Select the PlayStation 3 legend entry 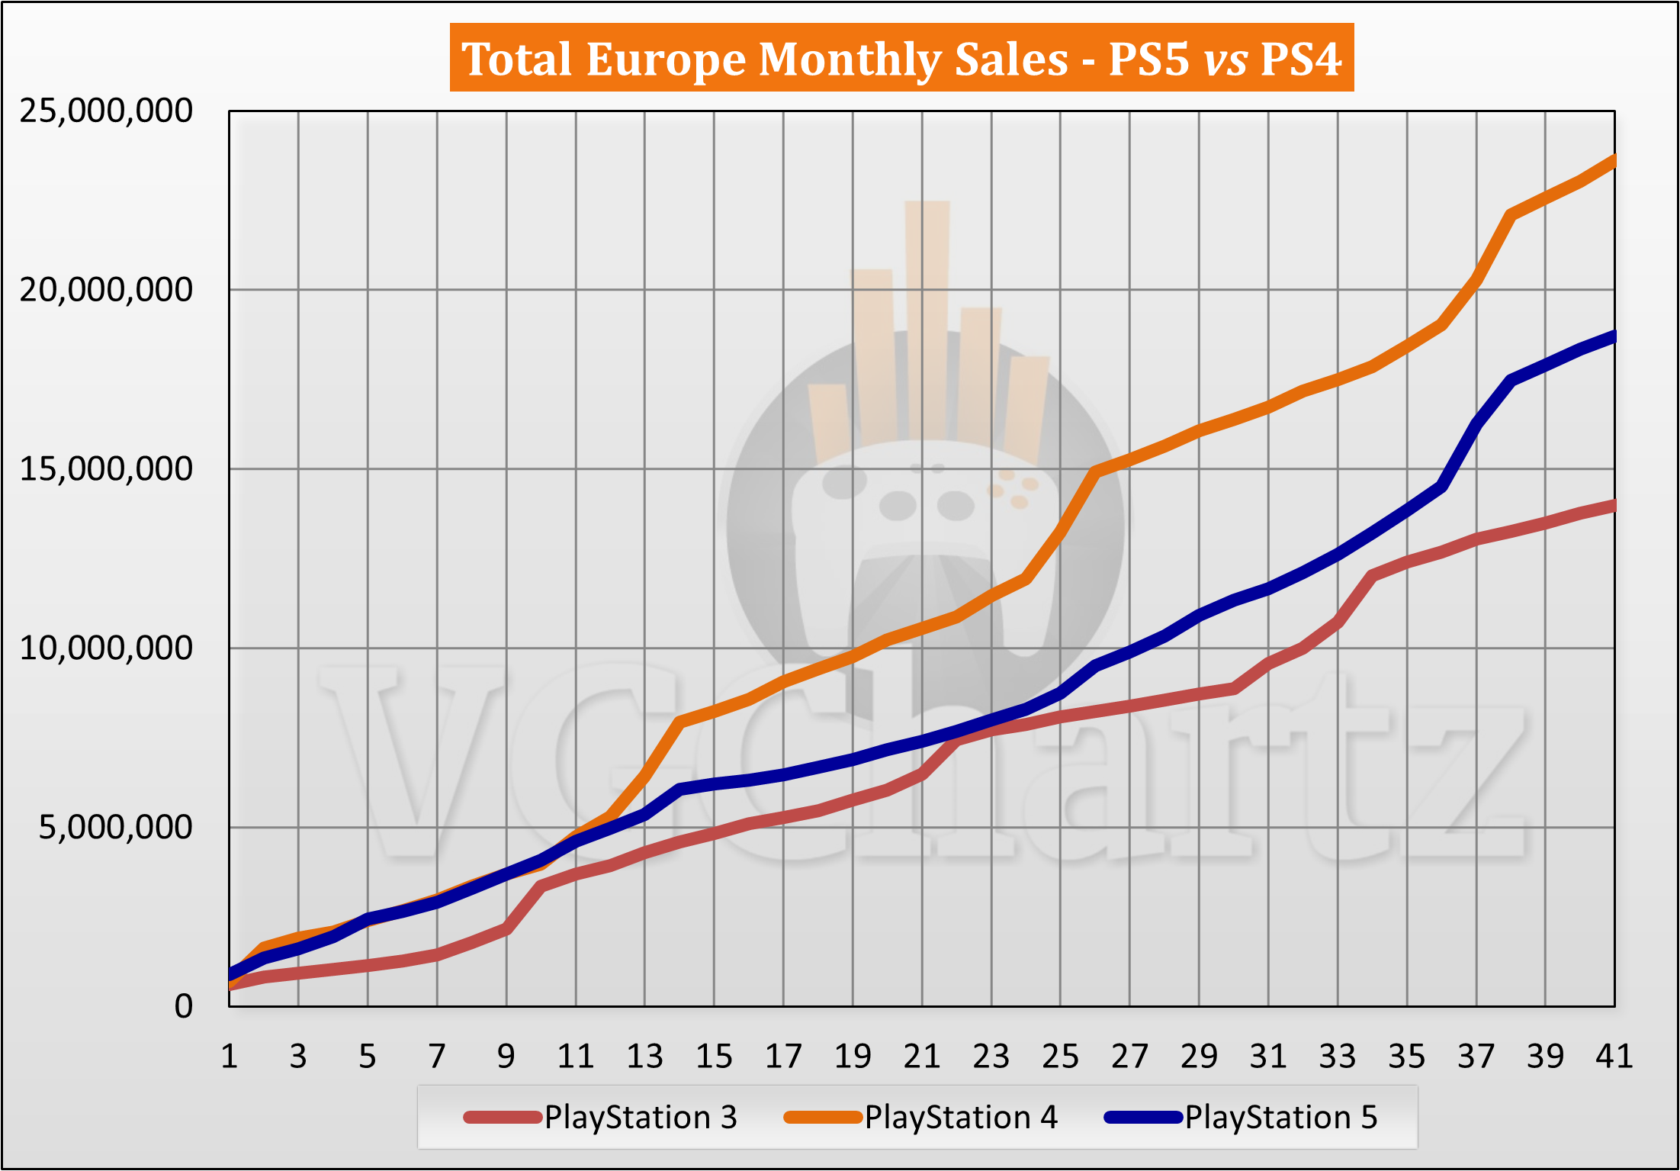[x=601, y=1118]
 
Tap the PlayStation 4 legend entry [x=921, y=1118]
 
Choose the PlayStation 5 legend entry [x=1242, y=1118]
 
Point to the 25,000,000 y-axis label [x=106, y=111]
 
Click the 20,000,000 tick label [x=106, y=290]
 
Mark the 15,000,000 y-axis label [x=106, y=469]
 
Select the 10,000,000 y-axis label [x=106, y=648]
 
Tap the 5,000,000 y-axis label [x=116, y=827]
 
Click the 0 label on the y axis [x=183, y=1006]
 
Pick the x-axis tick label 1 [x=229, y=1057]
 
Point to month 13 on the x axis [x=644, y=1057]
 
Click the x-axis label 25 [x=1060, y=1057]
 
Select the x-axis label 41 [x=1614, y=1057]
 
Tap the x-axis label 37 [x=1476, y=1057]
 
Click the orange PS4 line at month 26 [x=1095, y=471]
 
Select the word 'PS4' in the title [x=1301, y=59]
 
